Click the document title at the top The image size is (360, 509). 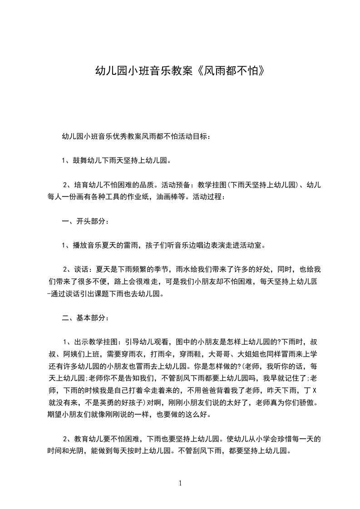pyautogui.click(x=180, y=71)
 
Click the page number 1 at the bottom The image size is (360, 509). pyautogui.click(x=180, y=483)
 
